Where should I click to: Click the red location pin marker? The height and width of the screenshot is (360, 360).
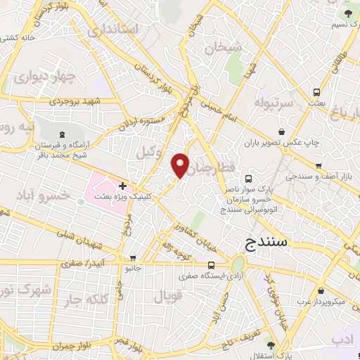click(181, 165)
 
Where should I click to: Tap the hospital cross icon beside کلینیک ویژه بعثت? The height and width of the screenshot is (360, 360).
click(122, 186)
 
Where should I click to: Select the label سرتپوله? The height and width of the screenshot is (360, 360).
click(259, 105)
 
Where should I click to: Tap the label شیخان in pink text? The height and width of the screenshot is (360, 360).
click(223, 48)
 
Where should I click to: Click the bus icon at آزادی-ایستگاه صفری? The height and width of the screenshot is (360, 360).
click(211, 265)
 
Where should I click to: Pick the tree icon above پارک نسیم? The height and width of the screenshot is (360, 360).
click(347, 12)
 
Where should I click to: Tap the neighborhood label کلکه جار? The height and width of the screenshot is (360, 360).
click(98, 300)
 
